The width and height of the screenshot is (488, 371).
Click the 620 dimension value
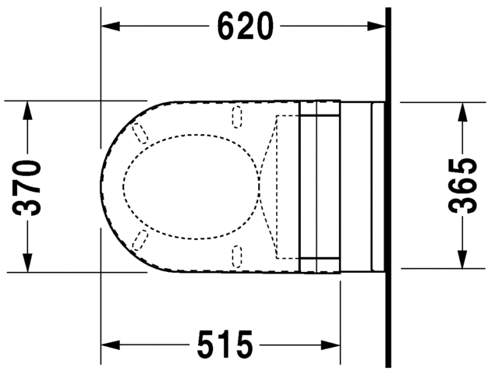(x=245, y=26)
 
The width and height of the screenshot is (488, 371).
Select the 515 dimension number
(x=225, y=343)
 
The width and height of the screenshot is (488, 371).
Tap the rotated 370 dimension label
(x=30, y=186)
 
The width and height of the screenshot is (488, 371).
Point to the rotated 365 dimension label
(x=463, y=185)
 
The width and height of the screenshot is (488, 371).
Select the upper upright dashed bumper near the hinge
(x=238, y=117)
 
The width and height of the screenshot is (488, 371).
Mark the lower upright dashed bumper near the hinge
(x=238, y=253)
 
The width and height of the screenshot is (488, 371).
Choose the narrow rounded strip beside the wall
(x=378, y=185)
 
